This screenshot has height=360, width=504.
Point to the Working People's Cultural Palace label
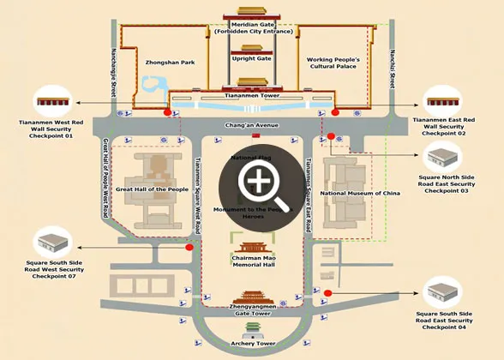[333, 64]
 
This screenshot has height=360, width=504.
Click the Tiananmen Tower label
[252, 96]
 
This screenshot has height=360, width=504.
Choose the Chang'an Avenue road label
[252, 125]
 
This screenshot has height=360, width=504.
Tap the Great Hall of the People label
[153, 189]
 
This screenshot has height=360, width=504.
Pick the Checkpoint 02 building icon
[450, 99]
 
